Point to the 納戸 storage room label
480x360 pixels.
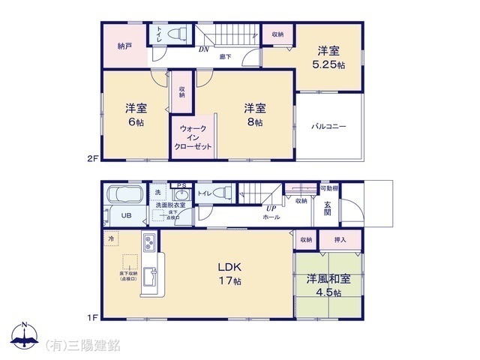click(124, 46)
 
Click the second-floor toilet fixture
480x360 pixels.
click(175, 34)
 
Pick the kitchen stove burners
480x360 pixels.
click(148, 244)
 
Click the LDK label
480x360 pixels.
click(229, 267)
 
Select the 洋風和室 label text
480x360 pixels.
click(328, 279)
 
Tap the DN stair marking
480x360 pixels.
click(203, 50)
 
